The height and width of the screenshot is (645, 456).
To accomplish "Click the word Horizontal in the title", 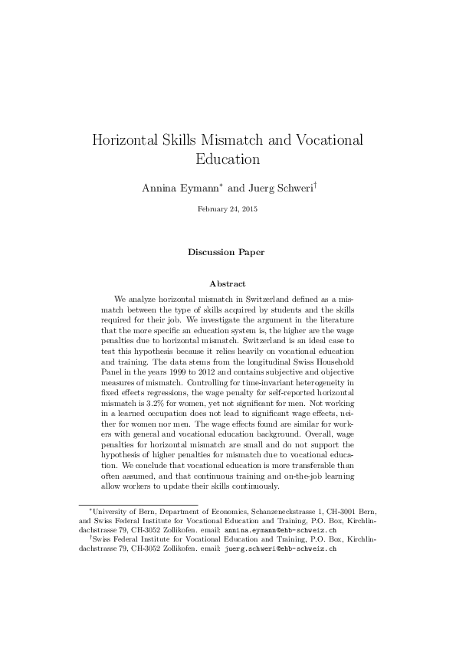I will [128, 141].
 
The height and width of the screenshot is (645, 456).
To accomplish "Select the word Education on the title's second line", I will [228, 160].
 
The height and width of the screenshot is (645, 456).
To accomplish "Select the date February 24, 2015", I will [228, 209].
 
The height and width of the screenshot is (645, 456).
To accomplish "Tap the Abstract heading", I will [228, 283].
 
